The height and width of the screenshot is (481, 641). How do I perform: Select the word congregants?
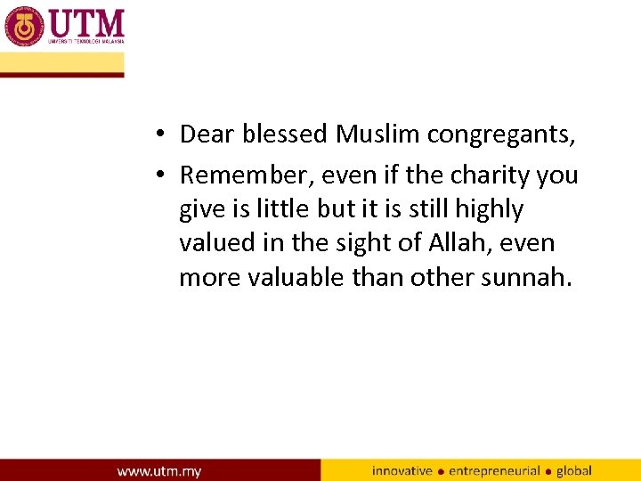pyautogui.click(x=501, y=135)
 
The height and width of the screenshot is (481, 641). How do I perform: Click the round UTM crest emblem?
pyautogui.click(x=24, y=26)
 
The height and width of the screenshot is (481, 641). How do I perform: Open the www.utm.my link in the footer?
pyautogui.click(x=159, y=470)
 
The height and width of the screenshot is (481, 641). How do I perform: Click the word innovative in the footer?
pyautogui.click(x=402, y=470)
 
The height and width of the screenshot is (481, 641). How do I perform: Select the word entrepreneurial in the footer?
pyautogui.click(x=494, y=470)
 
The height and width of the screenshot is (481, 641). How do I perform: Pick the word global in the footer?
pyautogui.click(x=574, y=470)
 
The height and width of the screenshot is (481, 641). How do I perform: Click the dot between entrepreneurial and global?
pyautogui.click(x=548, y=471)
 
